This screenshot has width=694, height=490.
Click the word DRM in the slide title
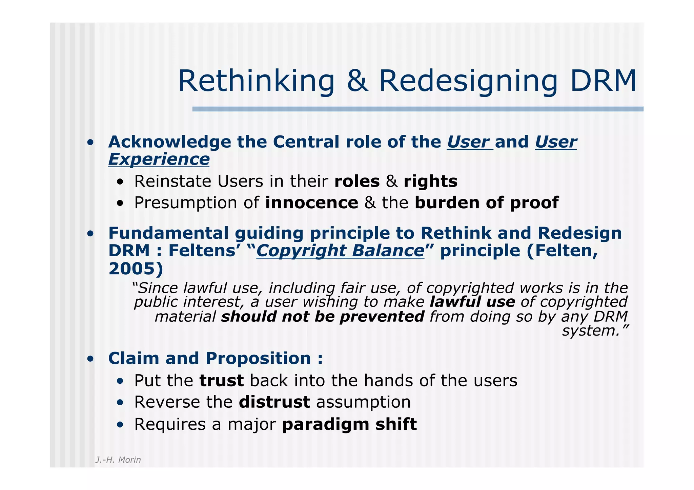[603, 81]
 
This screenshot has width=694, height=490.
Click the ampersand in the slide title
[357, 81]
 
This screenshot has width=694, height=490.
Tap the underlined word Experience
[159, 159]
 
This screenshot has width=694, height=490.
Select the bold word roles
[357, 181]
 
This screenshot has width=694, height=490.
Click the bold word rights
[430, 181]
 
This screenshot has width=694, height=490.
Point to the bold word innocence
[311, 203]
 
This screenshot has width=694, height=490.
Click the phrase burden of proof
[486, 203]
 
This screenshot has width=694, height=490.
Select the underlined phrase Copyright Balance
[340, 251]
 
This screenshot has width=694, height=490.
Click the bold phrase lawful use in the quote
[472, 302]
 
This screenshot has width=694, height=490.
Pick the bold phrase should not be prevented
[323, 317]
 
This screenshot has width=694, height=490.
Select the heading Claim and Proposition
[215, 358]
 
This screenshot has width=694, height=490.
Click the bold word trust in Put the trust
[221, 380]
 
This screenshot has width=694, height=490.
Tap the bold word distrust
[274, 402]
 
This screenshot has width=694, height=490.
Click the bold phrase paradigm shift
[349, 424]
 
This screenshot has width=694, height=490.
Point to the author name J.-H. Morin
[118, 460]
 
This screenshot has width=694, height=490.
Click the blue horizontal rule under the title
[417, 109]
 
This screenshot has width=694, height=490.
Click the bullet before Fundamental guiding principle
[90, 234]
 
